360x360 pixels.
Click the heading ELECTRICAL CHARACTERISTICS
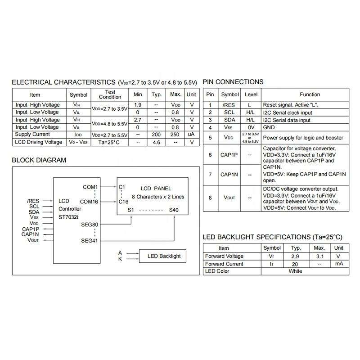(x=63, y=82)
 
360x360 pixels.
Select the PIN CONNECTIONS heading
(x=233, y=82)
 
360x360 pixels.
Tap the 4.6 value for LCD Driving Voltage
(x=157, y=142)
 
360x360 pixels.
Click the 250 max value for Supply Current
(x=175, y=135)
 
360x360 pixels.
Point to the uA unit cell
(x=191, y=135)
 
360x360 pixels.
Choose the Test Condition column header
(x=110, y=94)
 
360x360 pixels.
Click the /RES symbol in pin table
(x=229, y=105)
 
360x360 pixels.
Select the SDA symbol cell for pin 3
(x=229, y=120)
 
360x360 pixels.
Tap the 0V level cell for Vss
(x=251, y=128)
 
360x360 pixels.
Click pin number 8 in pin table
(x=210, y=198)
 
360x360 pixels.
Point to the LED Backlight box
(x=164, y=256)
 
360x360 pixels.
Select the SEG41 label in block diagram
(x=90, y=240)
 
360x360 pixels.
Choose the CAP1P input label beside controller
(x=30, y=229)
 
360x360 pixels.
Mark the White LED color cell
(x=295, y=271)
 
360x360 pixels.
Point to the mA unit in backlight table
(x=339, y=264)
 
